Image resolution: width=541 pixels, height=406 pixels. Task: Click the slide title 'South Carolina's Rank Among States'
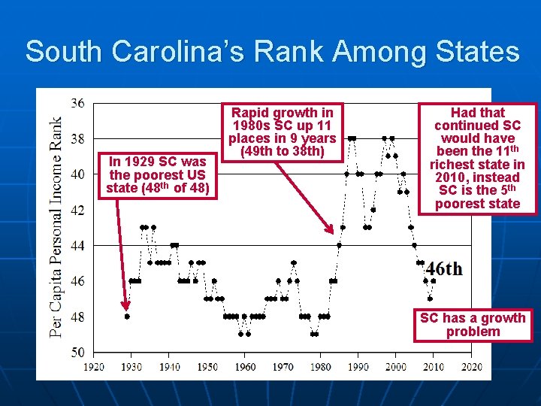(272, 52)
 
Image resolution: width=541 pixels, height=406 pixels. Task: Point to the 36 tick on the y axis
(77, 103)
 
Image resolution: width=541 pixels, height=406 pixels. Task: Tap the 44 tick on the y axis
(77, 246)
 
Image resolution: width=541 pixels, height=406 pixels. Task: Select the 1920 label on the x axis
(94, 367)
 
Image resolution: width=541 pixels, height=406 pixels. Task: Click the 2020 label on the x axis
(472, 367)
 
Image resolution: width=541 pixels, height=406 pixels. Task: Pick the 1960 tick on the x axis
(245, 367)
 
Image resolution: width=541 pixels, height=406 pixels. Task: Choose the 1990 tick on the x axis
(358, 367)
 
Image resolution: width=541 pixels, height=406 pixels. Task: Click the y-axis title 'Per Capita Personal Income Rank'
(56, 226)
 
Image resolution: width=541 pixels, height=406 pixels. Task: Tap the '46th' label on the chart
(443, 269)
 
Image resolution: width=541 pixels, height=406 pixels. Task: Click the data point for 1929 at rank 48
(127, 317)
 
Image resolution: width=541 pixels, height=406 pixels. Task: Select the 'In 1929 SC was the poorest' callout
(157, 174)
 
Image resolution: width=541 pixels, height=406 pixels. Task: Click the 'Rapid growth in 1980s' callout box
(282, 132)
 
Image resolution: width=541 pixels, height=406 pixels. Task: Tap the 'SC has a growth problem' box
(473, 325)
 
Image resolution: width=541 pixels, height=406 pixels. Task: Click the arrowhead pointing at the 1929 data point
(126, 304)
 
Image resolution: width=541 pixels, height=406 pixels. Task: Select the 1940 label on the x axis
(169, 367)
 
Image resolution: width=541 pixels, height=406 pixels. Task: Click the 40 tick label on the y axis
(77, 174)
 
